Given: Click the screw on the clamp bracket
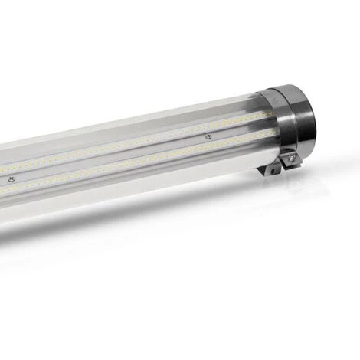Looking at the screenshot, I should click(291, 159).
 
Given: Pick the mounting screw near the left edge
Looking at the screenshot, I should click(11, 178).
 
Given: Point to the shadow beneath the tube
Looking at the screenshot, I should click(153, 230).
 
